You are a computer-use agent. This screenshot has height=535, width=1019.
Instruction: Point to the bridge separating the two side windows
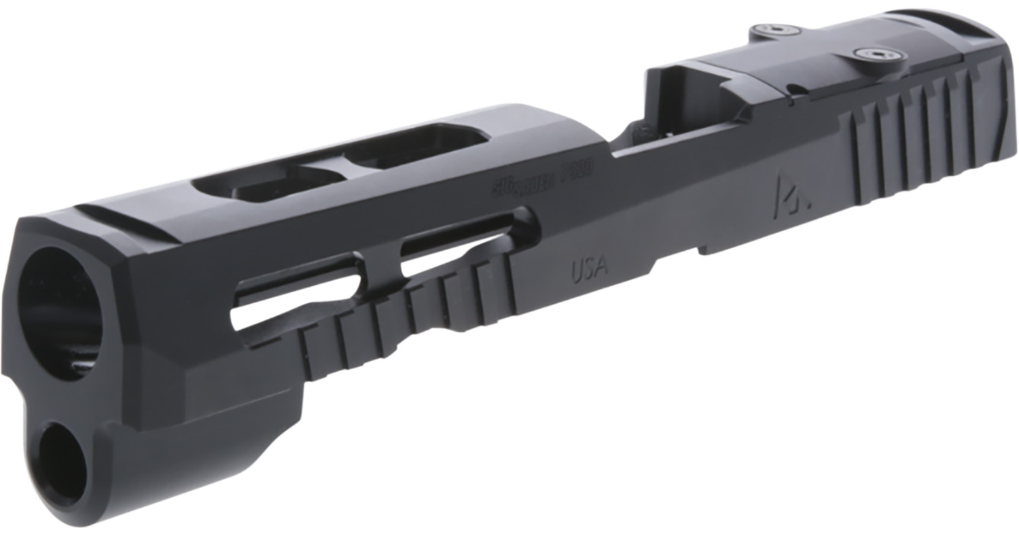click(x=380, y=261)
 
